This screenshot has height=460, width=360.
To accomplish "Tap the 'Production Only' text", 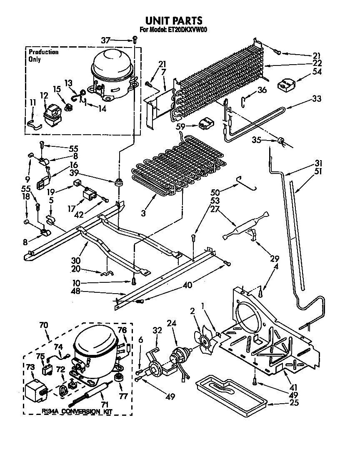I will coord(43,55).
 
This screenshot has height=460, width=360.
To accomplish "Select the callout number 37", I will coord(106,40).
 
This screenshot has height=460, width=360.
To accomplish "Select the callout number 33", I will coord(318,100).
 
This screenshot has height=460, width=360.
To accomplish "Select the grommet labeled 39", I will coord(120,182).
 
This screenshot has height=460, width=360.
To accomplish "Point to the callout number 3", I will coord(143,213).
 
